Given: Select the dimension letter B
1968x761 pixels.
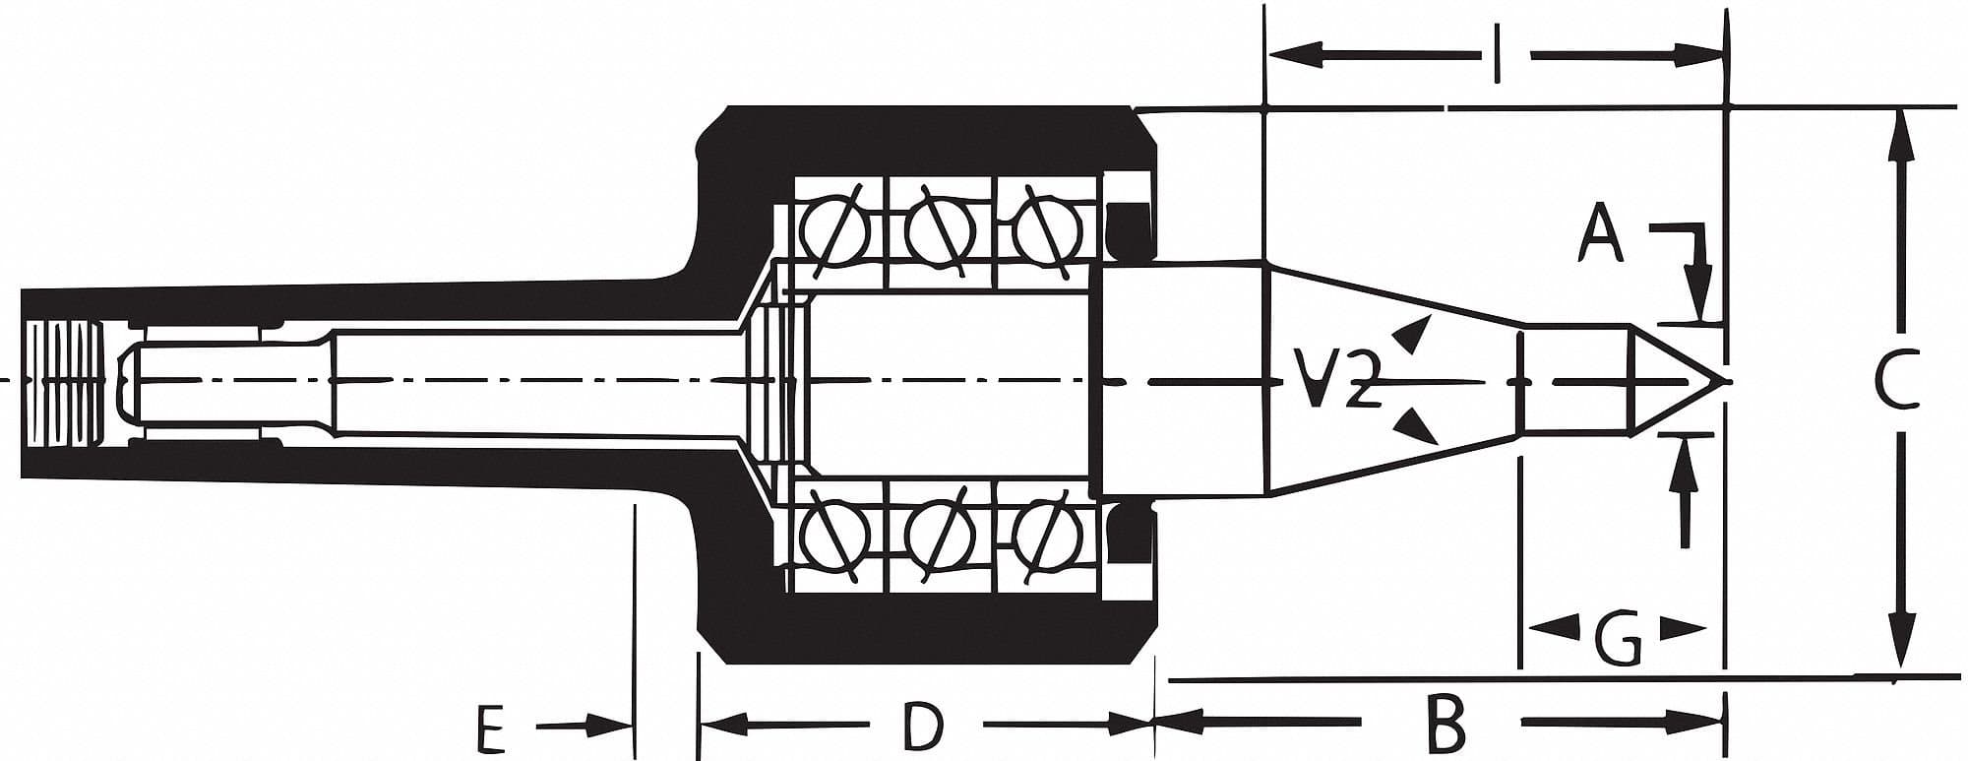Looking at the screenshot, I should [x=1445, y=725].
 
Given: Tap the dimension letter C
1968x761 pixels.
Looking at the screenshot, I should [x=1895, y=382].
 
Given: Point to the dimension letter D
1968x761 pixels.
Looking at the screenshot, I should [x=923, y=727].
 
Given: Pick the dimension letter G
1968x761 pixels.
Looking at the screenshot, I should [x=1617, y=640].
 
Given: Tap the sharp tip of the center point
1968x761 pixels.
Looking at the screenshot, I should [x=1724, y=382].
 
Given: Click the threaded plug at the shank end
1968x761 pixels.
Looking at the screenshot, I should [x=64, y=382].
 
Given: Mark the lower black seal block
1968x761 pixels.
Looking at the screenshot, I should [x=1128, y=538].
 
